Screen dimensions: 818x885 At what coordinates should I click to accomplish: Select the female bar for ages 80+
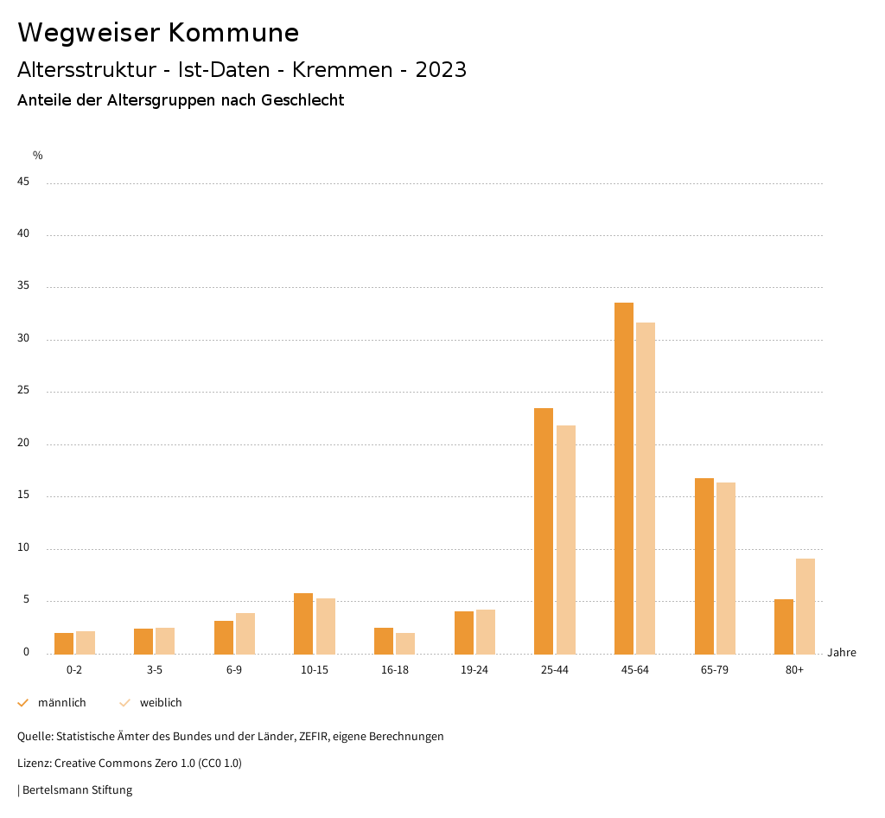point(805,606)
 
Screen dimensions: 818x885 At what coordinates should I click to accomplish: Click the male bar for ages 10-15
point(303,623)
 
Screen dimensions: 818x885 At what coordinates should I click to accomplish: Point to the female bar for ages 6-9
point(245,634)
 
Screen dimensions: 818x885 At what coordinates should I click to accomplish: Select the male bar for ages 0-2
point(64,643)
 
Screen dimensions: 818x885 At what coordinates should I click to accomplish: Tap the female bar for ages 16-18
point(405,643)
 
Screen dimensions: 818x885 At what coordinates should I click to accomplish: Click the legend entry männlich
point(61,703)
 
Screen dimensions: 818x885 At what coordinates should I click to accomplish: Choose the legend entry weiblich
point(161,703)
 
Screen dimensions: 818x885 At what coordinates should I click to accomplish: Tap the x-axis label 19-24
point(474,670)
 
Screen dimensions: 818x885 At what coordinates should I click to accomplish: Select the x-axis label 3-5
point(155,670)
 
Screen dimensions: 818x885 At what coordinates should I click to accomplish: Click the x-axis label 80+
point(795,670)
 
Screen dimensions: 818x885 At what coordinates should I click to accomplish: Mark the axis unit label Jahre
point(842,653)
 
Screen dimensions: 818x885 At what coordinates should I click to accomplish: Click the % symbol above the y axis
point(38,156)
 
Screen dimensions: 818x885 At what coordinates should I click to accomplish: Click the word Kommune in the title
point(233,33)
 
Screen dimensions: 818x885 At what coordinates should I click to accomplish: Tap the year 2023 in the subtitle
point(441,70)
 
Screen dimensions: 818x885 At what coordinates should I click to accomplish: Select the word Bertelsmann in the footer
point(52,790)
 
